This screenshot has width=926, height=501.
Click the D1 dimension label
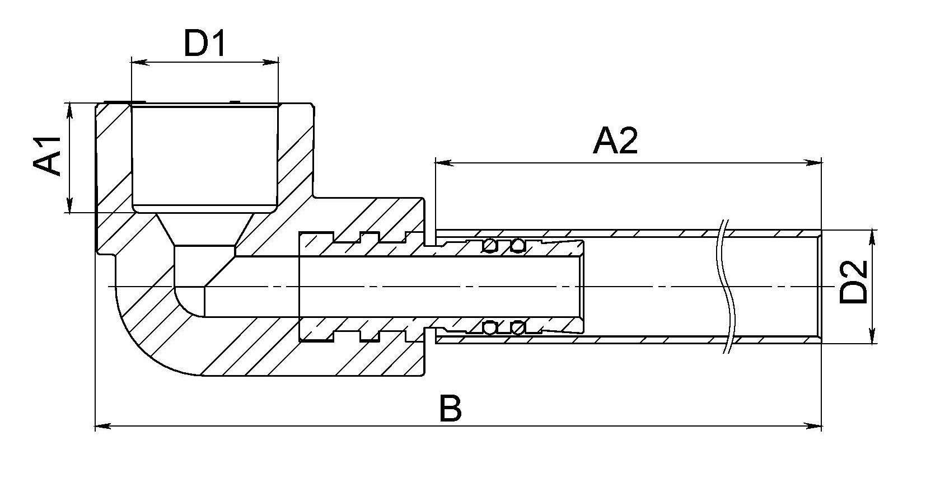(x=205, y=44)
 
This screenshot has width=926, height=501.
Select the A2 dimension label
(x=615, y=141)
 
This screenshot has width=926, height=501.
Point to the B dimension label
(x=450, y=408)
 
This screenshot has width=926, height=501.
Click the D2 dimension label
(x=853, y=283)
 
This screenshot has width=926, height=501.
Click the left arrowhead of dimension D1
(x=138, y=62)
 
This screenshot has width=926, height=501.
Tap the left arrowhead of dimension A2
(x=443, y=163)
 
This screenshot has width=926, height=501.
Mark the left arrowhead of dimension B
(x=102, y=427)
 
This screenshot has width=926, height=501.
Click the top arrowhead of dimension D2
(x=872, y=237)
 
